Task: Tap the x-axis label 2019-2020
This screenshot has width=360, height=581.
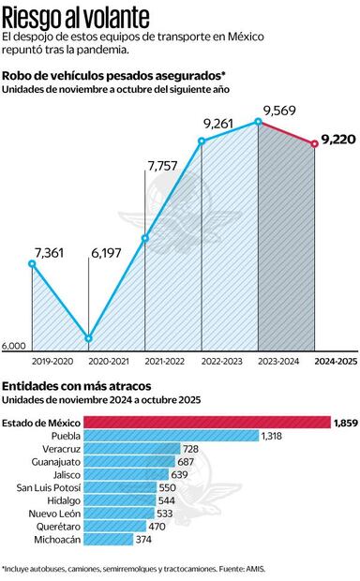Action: (52, 360)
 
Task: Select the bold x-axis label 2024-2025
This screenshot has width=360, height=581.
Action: (335, 360)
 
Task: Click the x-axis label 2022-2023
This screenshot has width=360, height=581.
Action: (221, 360)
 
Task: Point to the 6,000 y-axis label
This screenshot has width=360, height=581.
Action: (14, 346)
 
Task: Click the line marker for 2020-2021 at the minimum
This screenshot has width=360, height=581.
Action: (89, 338)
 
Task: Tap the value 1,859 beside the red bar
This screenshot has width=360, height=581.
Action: (344, 423)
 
